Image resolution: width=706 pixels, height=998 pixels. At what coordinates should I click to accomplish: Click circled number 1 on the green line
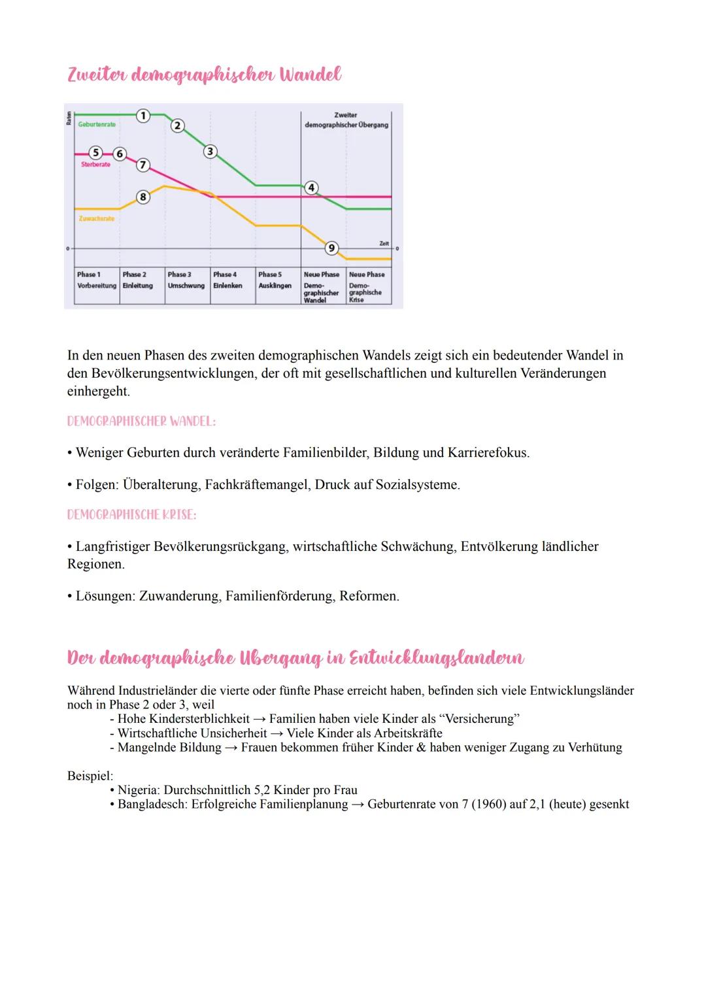(x=143, y=116)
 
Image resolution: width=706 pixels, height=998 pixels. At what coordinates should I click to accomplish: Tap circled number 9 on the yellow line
(x=331, y=248)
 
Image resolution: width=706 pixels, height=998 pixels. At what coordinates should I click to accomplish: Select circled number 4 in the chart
(x=312, y=188)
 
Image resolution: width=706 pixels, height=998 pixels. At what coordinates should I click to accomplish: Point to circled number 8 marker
(x=143, y=197)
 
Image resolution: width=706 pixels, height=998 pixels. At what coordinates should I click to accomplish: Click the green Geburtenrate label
(x=97, y=124)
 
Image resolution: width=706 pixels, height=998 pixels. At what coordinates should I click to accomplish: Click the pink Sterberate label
(x=95, y=165)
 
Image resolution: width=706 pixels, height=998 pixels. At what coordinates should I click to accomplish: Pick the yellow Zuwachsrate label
(x=97, y=218)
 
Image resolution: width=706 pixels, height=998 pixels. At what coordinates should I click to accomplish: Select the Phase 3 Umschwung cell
(x=186, y=280)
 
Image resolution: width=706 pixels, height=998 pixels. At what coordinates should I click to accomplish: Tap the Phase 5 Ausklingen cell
(x=275, y=280)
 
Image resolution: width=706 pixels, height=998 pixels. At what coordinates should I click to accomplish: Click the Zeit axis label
(x=384, y=243)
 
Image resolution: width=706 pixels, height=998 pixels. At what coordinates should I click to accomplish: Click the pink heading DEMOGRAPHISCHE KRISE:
(x=131, y=515)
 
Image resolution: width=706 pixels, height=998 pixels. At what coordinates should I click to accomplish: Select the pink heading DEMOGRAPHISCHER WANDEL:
(x=141, y=422)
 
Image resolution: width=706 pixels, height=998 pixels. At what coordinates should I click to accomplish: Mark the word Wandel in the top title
(x=310, y=75)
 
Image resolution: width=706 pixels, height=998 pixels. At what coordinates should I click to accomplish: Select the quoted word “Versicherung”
(x=480, y=719)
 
